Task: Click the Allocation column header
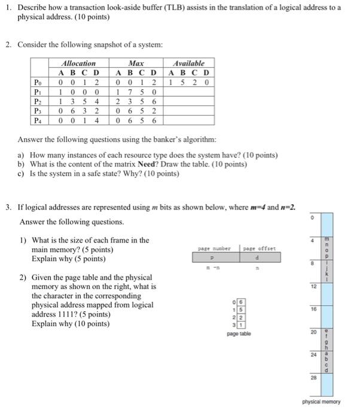click(x=79, y=63)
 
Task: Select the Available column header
click(x=189, y=63)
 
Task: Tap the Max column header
click(x=137, y=63)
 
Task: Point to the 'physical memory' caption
click(x=322, y=402)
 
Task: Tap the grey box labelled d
click(x=257, y=257)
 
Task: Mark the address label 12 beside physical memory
click(x=313, y=287)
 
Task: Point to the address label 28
click(x=313, y=378)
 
